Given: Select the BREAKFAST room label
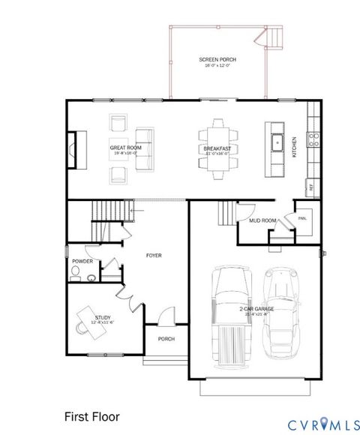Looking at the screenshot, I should (x=217, y=148).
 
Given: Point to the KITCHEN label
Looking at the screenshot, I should (x=295, y=145).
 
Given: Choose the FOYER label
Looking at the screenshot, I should (x=154, y=256).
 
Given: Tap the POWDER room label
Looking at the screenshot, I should (x=82, y=261).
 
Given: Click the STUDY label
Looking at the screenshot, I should (x=103, y=307).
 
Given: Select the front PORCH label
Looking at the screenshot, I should (x=166, y=339).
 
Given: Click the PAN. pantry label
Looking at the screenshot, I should (x=303, y=218).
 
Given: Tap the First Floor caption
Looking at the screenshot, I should (x=91, y=415).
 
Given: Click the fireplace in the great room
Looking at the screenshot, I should (x=73, y=149).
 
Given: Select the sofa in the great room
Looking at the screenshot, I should (x=143, y=148).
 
